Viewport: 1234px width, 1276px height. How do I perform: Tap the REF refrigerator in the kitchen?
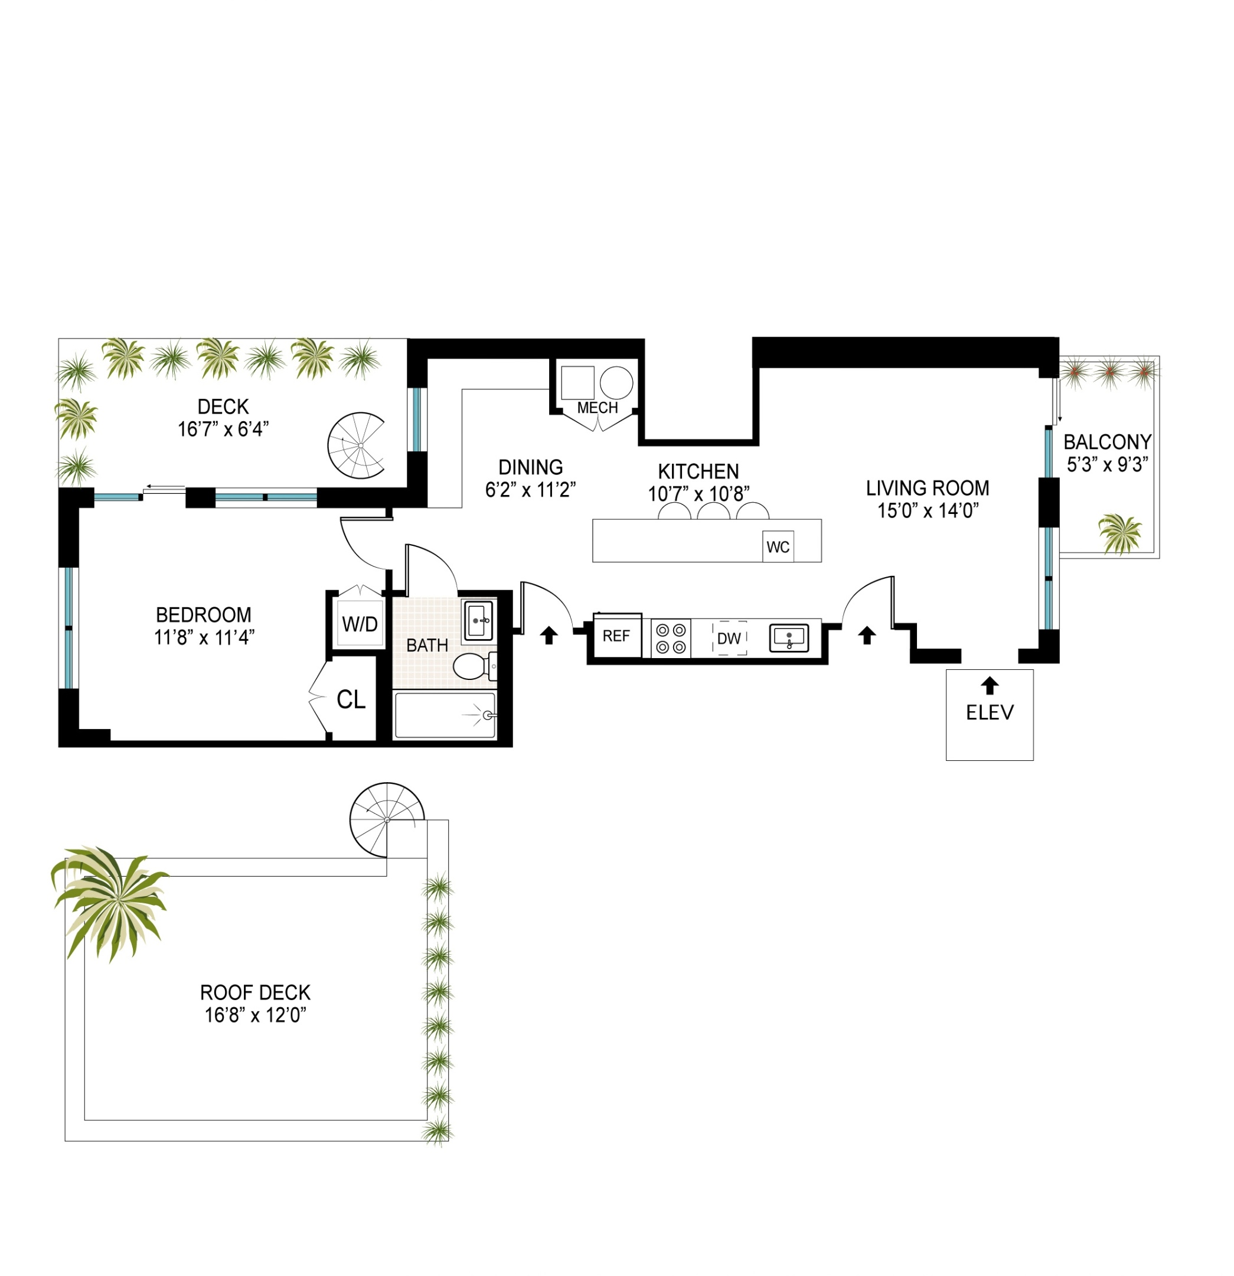[616, 636]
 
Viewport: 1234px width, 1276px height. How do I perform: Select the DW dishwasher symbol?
[729, 639]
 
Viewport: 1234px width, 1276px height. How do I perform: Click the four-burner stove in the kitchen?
[670, 639]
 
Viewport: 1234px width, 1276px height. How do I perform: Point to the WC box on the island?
[778, 547]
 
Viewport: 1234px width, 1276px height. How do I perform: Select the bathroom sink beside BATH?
[478, 621]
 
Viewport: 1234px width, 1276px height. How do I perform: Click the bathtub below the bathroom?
[445, 715]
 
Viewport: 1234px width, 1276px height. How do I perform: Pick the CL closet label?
[351, 700]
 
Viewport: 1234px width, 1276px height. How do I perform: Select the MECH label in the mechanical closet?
[597, 408]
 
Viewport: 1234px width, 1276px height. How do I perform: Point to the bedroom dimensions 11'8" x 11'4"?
[204, 637]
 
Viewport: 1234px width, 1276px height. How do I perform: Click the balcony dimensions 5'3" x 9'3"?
[1107, 465]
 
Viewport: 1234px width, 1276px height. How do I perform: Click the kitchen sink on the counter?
[789, 637]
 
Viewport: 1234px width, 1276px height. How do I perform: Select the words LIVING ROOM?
[927, 489]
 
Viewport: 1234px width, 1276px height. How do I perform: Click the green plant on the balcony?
[1119, 532]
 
